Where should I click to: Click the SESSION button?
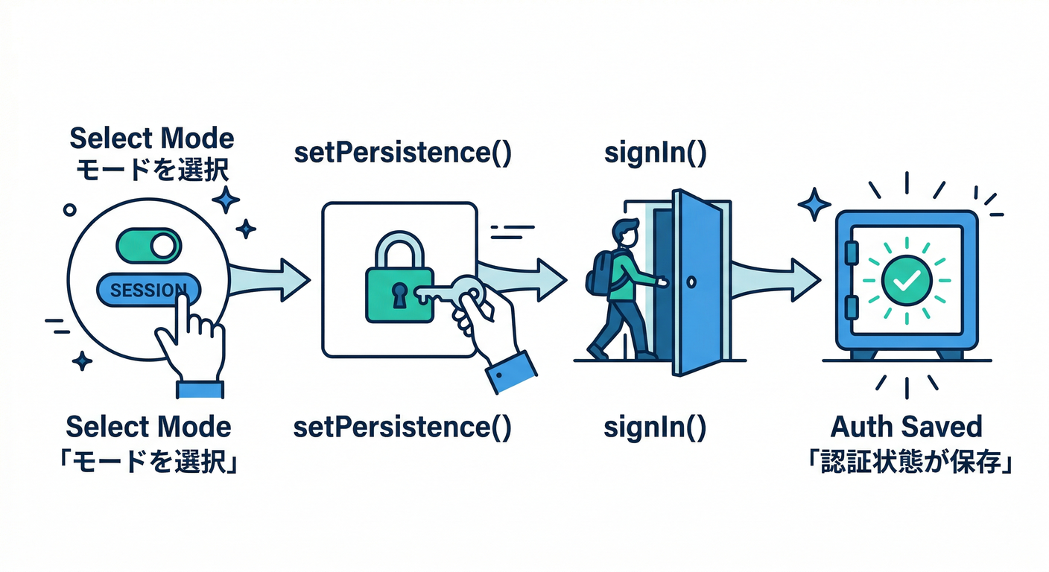click(142, 290)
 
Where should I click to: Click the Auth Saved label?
click(906, 427)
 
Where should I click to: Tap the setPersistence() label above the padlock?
click(402, 153)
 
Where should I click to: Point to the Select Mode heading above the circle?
click(151, 139)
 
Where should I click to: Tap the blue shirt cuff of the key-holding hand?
click(511, 370)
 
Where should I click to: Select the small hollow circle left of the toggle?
click(70, 210)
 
